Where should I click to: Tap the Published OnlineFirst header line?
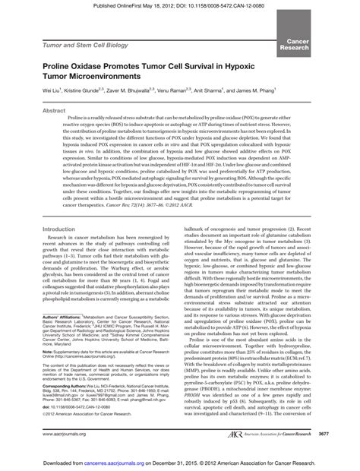click(x=180, y=7)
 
